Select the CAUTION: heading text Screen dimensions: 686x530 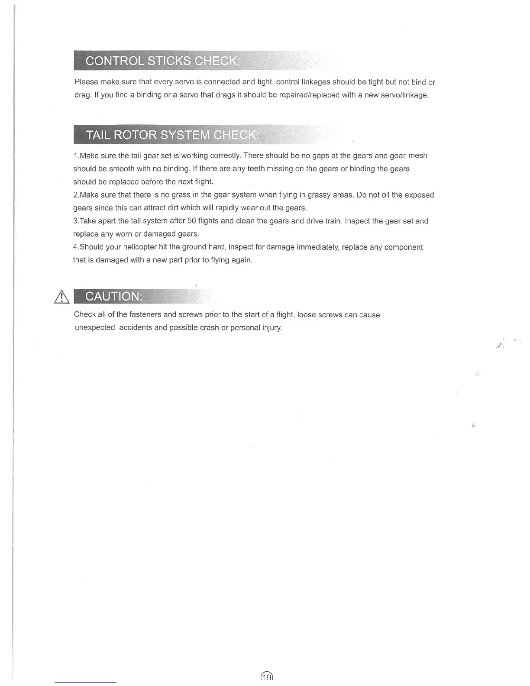pyautogui.click(x=113, y=296)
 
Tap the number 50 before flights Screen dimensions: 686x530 pyautogui.click(x=192, y=221)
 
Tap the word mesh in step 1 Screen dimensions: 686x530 pyautogui.click(x=417, y=155)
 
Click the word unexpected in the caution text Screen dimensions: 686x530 pyautogui.click(x=95, y=327)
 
